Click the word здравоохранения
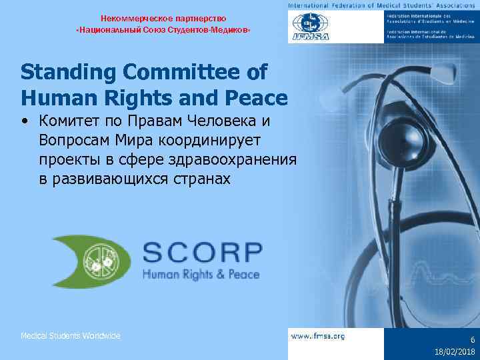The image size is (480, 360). tap(234, 161)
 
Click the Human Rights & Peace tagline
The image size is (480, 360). tap(201, 273)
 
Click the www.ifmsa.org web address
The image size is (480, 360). tap(318, 336)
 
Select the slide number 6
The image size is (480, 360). tap(471, 339)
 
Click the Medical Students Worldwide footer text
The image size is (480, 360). tap(71, 336)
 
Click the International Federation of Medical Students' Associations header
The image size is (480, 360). tap(383, 6)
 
